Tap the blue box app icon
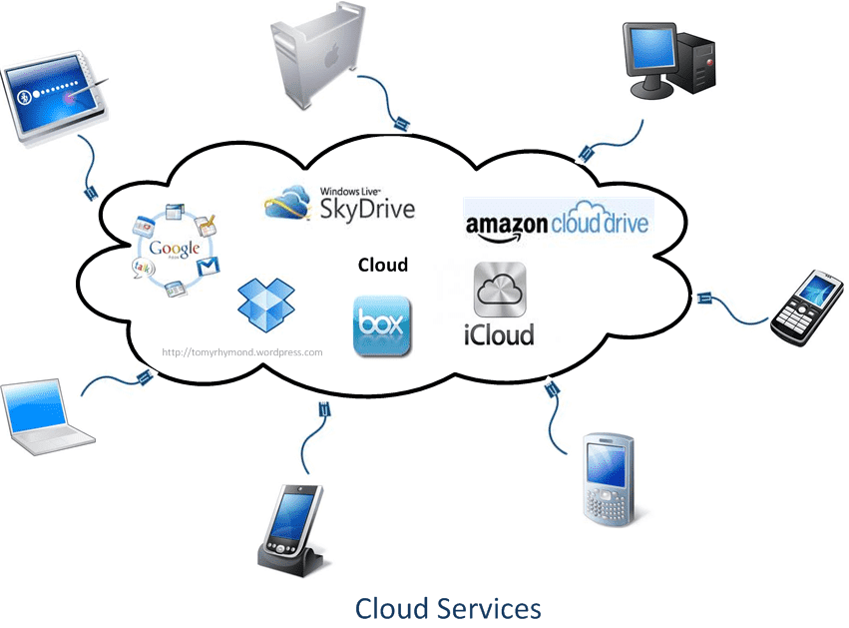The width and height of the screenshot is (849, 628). click(x=381, y=326)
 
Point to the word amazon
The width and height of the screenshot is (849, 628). click(x=507, y=224)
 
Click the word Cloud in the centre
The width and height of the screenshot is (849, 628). click(x=383, y=265)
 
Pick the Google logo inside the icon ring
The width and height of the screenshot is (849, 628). click(x=176, y=250)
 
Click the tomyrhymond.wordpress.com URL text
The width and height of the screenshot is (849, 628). click(x=242, y=352)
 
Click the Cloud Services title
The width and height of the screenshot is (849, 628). click(x=448, y=607)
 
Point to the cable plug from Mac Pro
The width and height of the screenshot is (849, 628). click(x=401, y=125)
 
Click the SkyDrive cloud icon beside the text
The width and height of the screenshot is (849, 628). click(x=289, y=203)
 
